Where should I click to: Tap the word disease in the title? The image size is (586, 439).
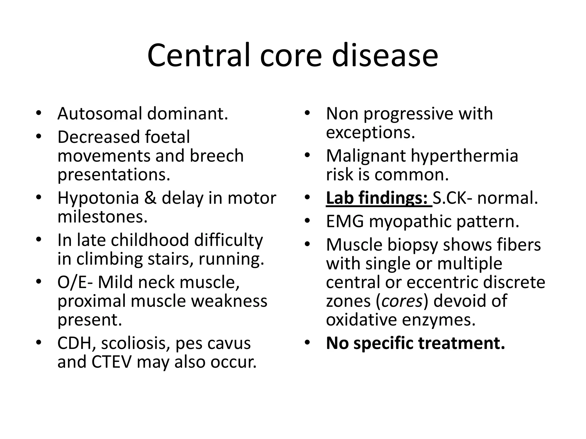pos(385,55)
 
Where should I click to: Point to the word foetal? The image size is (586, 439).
pos(167,137)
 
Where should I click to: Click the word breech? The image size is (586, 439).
pos(217,156)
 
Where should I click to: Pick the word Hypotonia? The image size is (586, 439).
pos(98,198)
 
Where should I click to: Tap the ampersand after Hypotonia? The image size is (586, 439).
pos(150,198)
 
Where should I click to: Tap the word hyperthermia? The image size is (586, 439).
pos(464,156)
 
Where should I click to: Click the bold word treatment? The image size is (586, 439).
pos(462,343)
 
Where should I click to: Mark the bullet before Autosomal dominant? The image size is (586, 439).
pos(39,113)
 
